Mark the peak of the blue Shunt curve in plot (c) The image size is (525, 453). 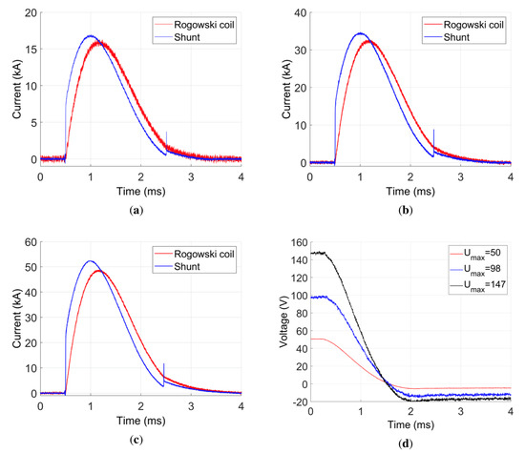[x=91, y=260]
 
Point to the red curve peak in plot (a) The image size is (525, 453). [x=101, y=42]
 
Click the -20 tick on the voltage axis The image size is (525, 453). [x=298, y=399]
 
